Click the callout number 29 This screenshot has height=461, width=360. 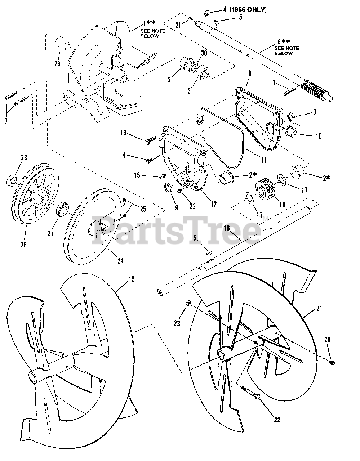tap(57, 64)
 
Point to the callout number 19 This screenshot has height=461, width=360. tap(132, 279)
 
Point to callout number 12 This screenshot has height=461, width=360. tap(213, 204)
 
